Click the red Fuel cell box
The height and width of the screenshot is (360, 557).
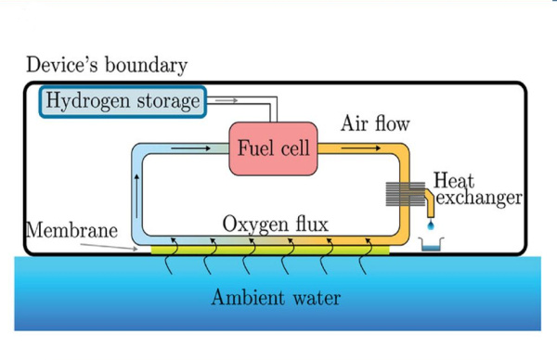[273, 148]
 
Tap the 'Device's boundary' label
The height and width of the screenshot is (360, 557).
[107, 65]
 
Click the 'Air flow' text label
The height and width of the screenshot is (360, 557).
[375, 123]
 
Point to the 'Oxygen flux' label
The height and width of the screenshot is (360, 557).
[275, 225]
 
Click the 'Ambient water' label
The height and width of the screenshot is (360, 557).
[276, 298]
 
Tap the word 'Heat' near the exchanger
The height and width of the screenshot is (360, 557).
[454, 180]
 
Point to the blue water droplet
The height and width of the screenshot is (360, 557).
[429, 225]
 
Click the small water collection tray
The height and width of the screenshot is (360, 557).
[430, 246]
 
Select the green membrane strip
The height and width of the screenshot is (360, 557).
[270, 249]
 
